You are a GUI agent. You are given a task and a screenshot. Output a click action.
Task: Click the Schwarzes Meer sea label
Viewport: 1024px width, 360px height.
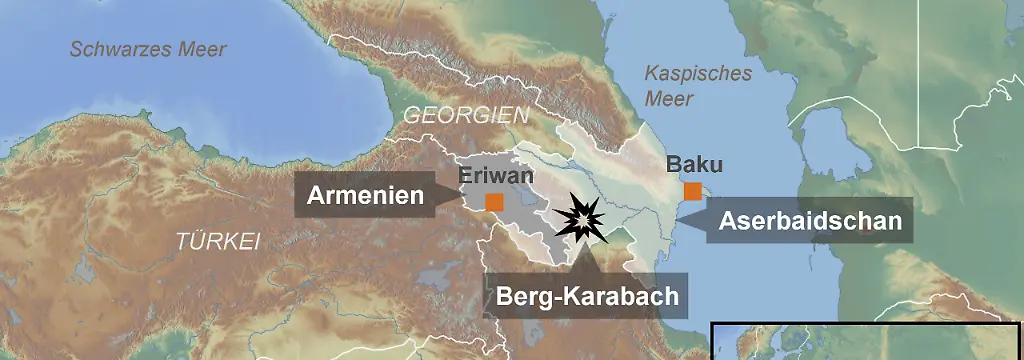point(148,49)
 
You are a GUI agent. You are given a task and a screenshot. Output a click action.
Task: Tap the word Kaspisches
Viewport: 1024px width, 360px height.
point(697,74)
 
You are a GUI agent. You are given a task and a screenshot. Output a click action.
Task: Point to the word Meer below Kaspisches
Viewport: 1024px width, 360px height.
point(668,99)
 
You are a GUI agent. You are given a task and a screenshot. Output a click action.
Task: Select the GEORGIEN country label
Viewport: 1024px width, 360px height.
point(465,116)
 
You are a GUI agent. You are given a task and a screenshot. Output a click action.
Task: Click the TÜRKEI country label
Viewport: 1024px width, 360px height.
point(218,241)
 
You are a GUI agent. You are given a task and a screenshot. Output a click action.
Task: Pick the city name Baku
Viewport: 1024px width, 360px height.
point(694,164)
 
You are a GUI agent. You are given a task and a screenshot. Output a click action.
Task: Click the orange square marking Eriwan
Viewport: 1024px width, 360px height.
point(494,202)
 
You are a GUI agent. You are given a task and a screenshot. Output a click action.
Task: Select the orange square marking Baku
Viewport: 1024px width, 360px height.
point(692,191)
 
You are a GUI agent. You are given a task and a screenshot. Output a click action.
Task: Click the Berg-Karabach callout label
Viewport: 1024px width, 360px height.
point(588,296)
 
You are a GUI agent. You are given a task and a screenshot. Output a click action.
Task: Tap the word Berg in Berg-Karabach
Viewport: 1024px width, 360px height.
point(522,296)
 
